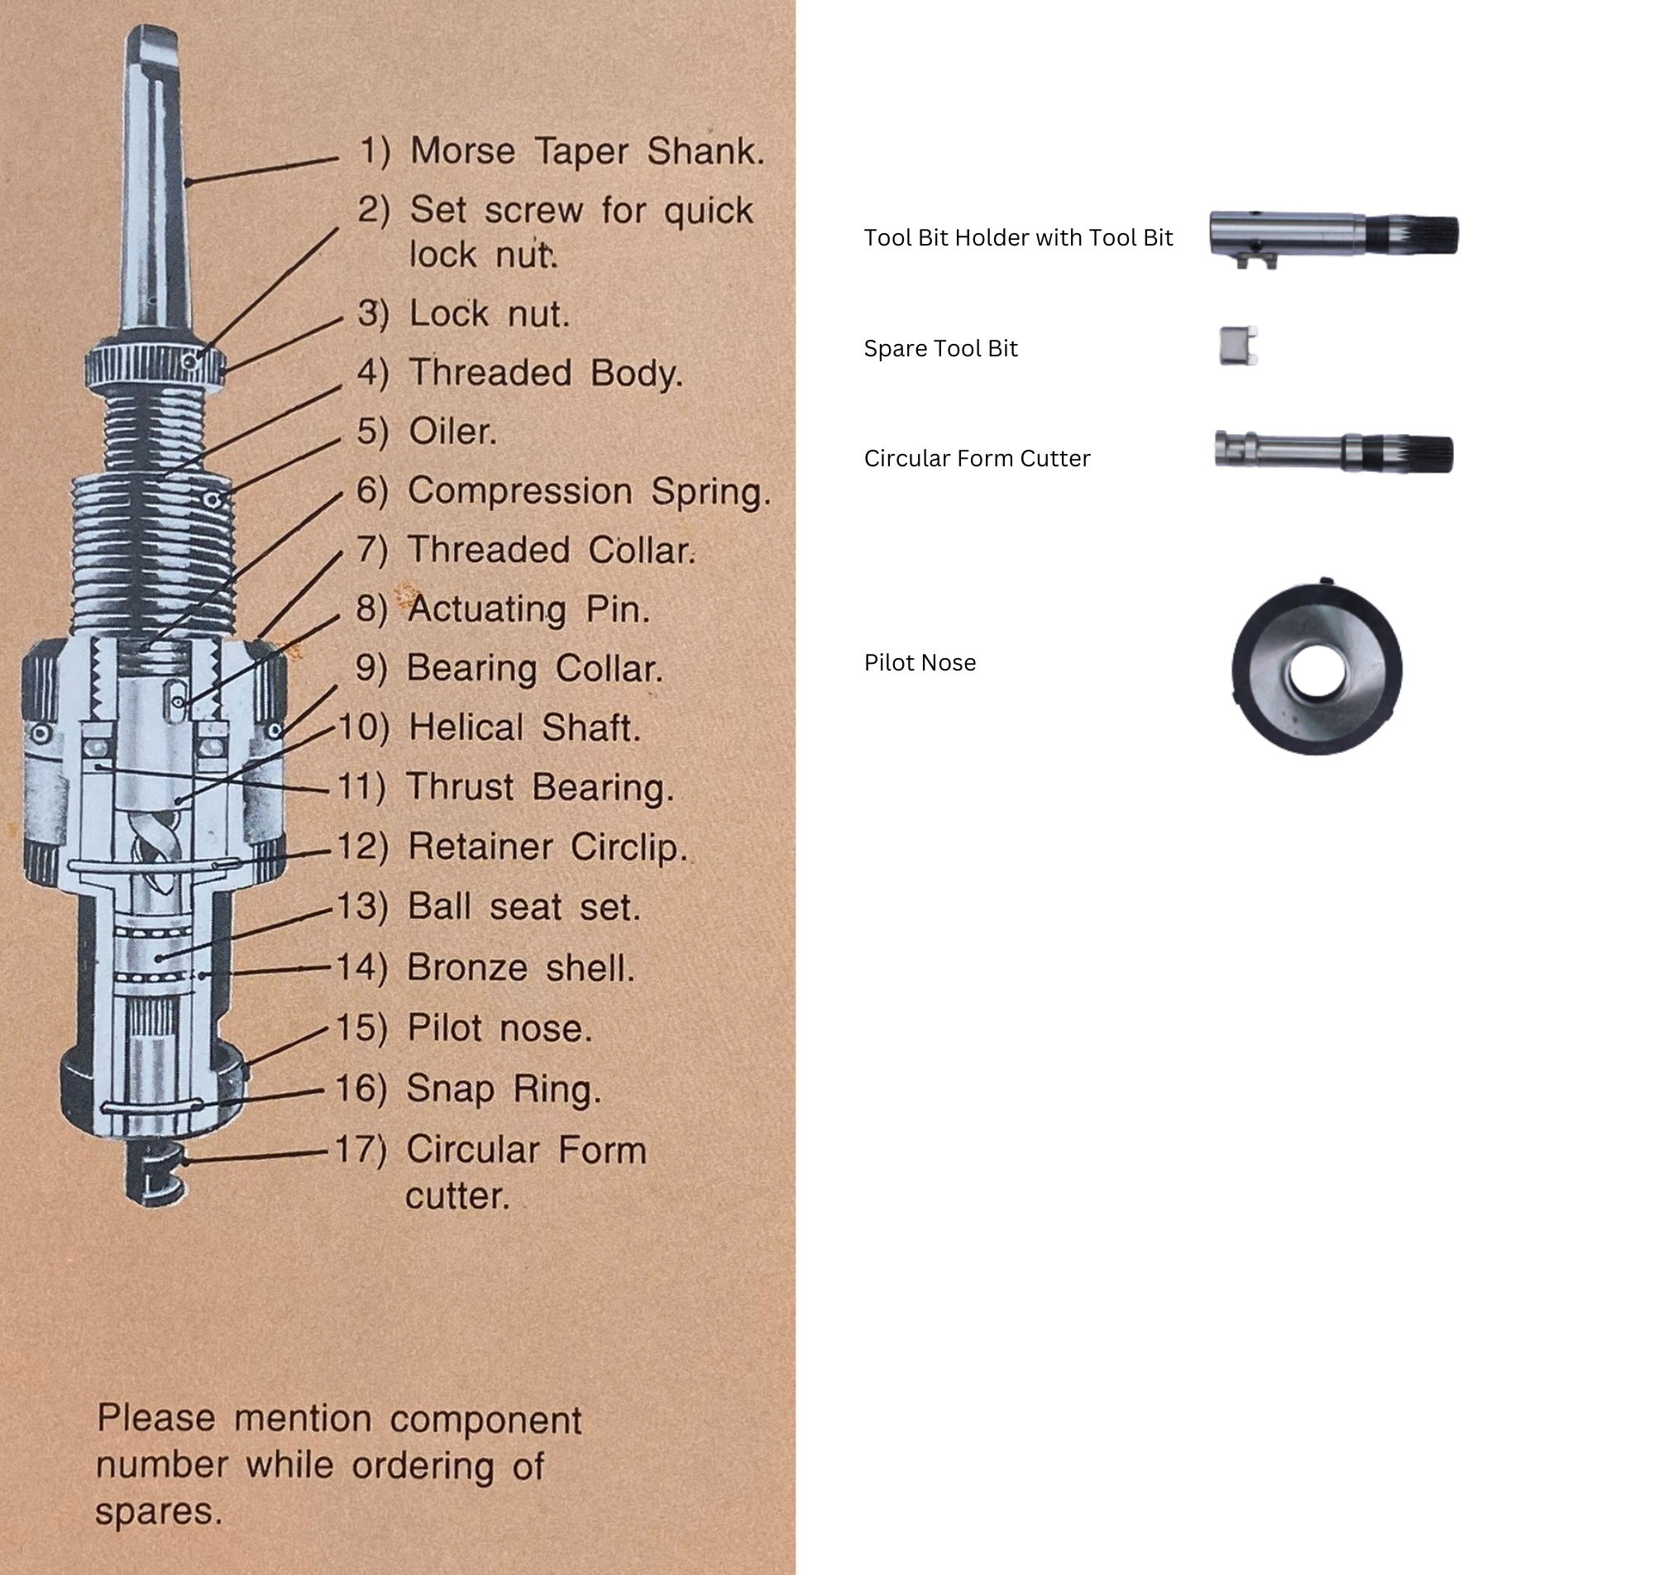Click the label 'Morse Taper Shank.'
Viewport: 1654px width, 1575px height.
(586, 152)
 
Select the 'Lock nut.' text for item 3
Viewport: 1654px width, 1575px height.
(489, 314)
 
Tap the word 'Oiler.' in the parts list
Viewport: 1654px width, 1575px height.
(452, 432)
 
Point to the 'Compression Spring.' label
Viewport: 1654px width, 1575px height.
(588, 491)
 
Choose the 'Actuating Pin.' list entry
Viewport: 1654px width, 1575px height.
(528, 609)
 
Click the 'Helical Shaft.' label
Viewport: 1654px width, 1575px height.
(524, 727)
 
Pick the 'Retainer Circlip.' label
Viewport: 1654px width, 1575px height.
(547, 847)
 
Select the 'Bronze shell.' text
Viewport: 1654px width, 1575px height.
(520, 967)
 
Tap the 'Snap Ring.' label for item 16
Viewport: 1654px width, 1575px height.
(504, 1089)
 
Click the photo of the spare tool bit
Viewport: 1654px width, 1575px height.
(1237, 346)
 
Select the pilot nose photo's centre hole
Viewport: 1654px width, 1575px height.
(1317, 671)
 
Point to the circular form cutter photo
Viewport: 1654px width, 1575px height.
(1333, 451)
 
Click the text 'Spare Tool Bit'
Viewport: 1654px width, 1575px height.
(940, 348)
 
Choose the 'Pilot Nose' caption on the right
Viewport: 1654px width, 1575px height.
(920, 662)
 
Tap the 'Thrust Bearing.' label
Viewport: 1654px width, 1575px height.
(539, 787)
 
